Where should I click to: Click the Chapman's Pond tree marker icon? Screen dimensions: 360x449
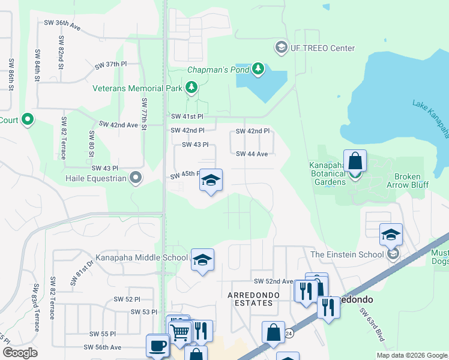(258, 69)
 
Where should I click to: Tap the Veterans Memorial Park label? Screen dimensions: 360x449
(137, 88)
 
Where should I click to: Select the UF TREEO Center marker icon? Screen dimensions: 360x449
(280, 47)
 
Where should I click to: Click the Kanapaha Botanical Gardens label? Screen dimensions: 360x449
(327, 169)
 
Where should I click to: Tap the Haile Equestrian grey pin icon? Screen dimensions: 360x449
(136, 177)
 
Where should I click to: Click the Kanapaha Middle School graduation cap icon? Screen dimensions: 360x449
(202, 259)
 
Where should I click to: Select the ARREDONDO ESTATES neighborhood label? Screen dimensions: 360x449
(250, 299)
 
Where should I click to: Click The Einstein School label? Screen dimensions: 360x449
(346, 254)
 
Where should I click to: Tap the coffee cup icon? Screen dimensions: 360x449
(157, 345)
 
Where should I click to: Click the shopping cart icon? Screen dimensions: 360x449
(181, 331)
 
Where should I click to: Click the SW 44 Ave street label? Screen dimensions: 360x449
(252, 154)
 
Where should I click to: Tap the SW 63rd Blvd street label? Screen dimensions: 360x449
(372, 325)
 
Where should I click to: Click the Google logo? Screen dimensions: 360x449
(20, 352)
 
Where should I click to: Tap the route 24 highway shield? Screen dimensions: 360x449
(289, 333)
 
